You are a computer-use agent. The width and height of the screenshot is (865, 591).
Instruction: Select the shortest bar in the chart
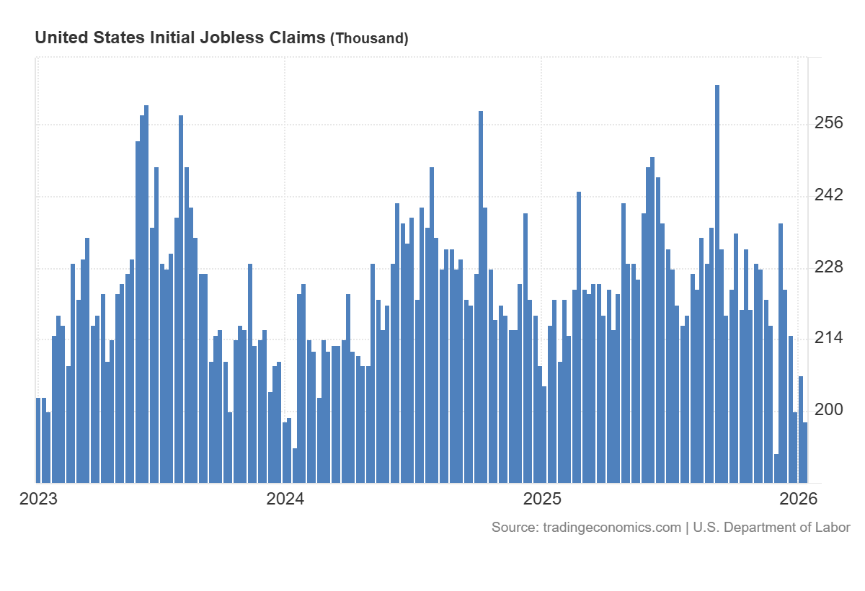[776, 468]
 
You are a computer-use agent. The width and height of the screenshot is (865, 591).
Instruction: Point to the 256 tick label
[828, 123]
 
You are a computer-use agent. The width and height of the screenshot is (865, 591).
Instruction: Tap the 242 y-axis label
[828, 195]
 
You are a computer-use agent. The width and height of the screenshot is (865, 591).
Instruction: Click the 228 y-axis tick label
[828, 267]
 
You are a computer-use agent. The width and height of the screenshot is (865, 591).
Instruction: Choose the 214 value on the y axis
[828, 338]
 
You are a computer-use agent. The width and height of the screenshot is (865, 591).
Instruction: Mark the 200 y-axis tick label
[828, 409]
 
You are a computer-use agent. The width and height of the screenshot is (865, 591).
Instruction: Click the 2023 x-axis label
[38, 499]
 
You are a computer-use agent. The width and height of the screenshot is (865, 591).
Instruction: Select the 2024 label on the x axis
[285, 499]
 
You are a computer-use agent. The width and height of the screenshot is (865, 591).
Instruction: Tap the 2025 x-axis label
[541, 499]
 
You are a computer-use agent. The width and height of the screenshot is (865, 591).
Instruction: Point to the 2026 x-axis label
[797, 499]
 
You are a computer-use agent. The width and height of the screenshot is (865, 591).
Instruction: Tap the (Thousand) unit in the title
[369, 38]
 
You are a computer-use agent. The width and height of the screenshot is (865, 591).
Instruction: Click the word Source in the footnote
[513, 528]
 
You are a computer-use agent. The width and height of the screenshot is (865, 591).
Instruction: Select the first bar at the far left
[38, 440]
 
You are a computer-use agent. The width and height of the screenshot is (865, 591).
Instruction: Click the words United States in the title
[90, 37]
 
